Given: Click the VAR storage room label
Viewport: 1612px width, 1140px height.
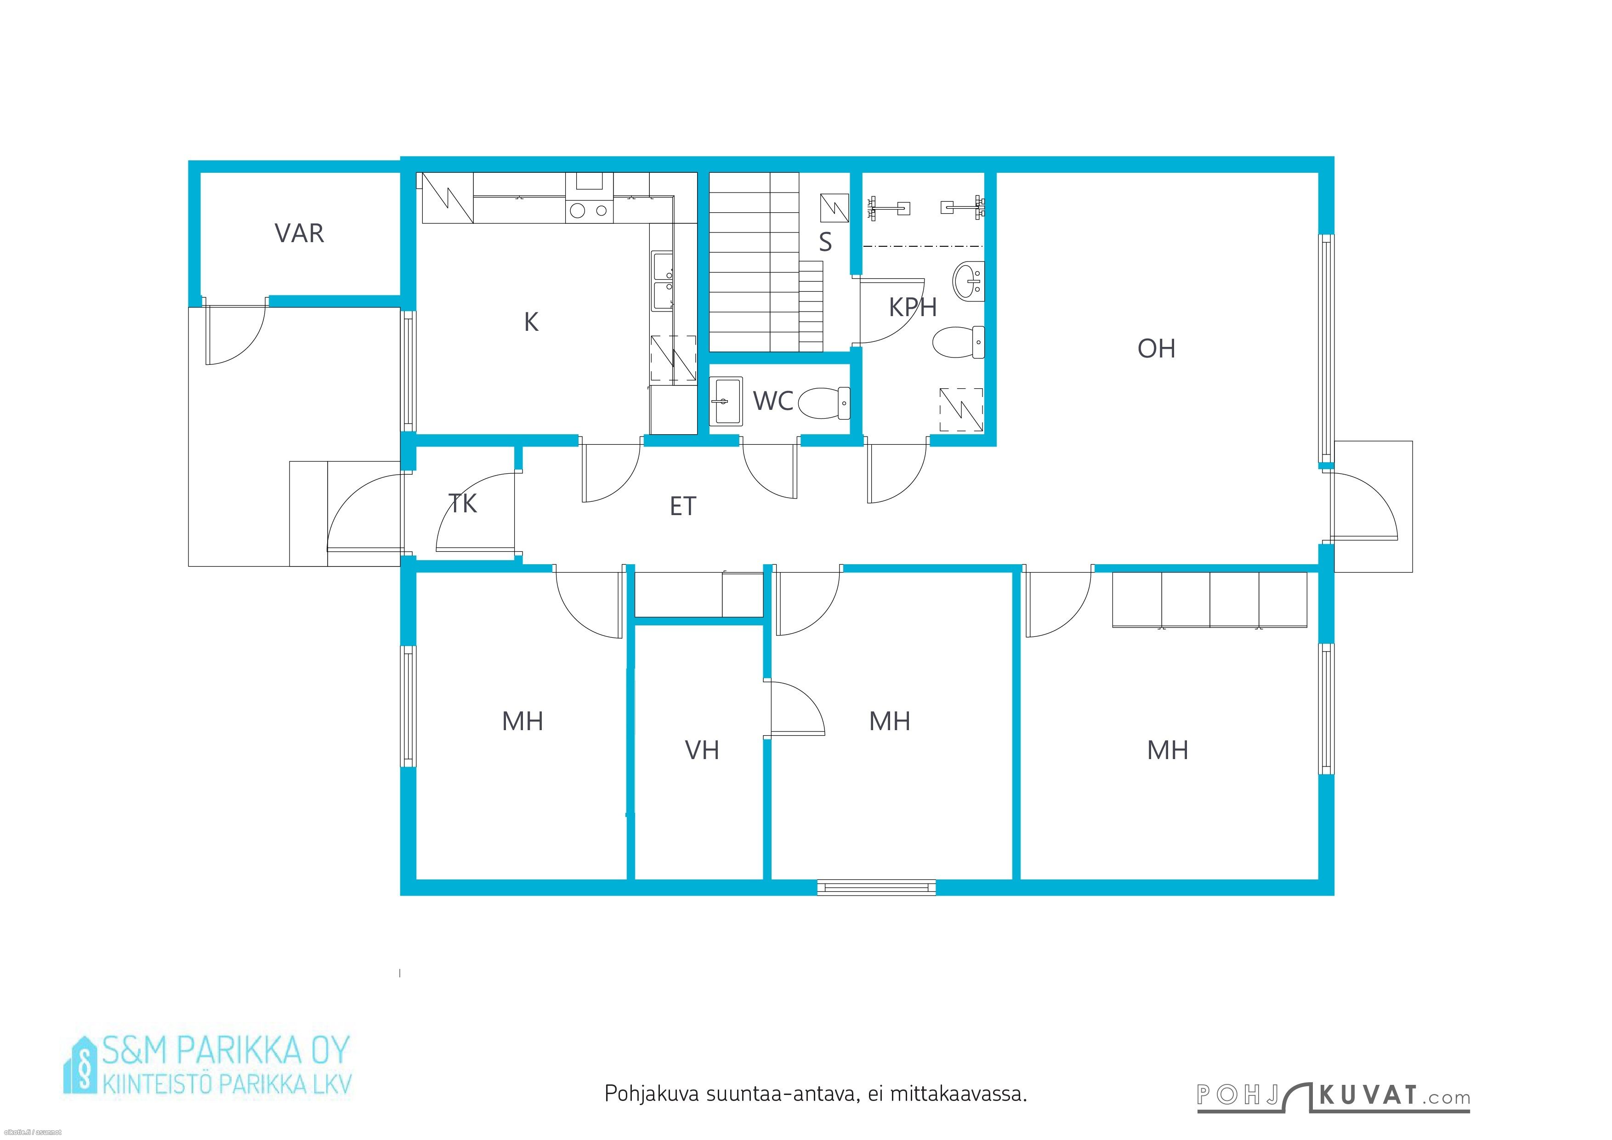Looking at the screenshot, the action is pyautogui.click(x=299, y=233).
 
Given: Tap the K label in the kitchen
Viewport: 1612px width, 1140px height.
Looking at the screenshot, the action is pyautogui.click(x=532, y=322).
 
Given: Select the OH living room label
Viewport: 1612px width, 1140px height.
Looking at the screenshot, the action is pyautogui.click(x=1156, y=348).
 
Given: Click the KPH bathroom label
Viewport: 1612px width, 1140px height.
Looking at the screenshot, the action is pyautogui.click(x=913, y=307).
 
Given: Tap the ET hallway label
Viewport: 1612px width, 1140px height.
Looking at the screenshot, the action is pyautogui.click(x=682, y=506).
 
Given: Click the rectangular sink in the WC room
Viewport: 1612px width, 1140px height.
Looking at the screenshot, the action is pyautogui.click(x=726, y=402).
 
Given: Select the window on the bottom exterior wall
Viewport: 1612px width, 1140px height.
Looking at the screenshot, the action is pyautogui.click(x=877, y=887).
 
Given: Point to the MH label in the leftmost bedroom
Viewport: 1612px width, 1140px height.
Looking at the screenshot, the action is pyautogui.click(x=522, y=721).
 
